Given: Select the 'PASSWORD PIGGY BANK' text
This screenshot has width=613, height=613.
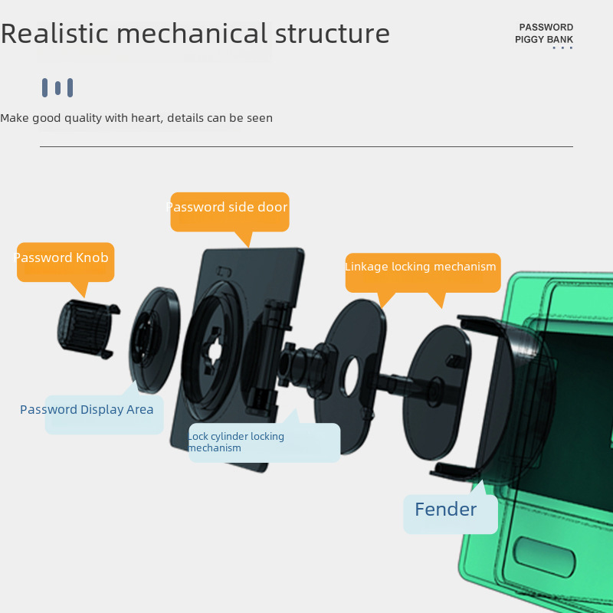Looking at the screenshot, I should [545, 34].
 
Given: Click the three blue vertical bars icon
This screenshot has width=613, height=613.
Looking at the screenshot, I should [57, 87].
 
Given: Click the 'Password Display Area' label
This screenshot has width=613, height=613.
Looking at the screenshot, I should [87, 411].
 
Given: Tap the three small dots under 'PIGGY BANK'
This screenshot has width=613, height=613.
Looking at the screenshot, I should [562, 48].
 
